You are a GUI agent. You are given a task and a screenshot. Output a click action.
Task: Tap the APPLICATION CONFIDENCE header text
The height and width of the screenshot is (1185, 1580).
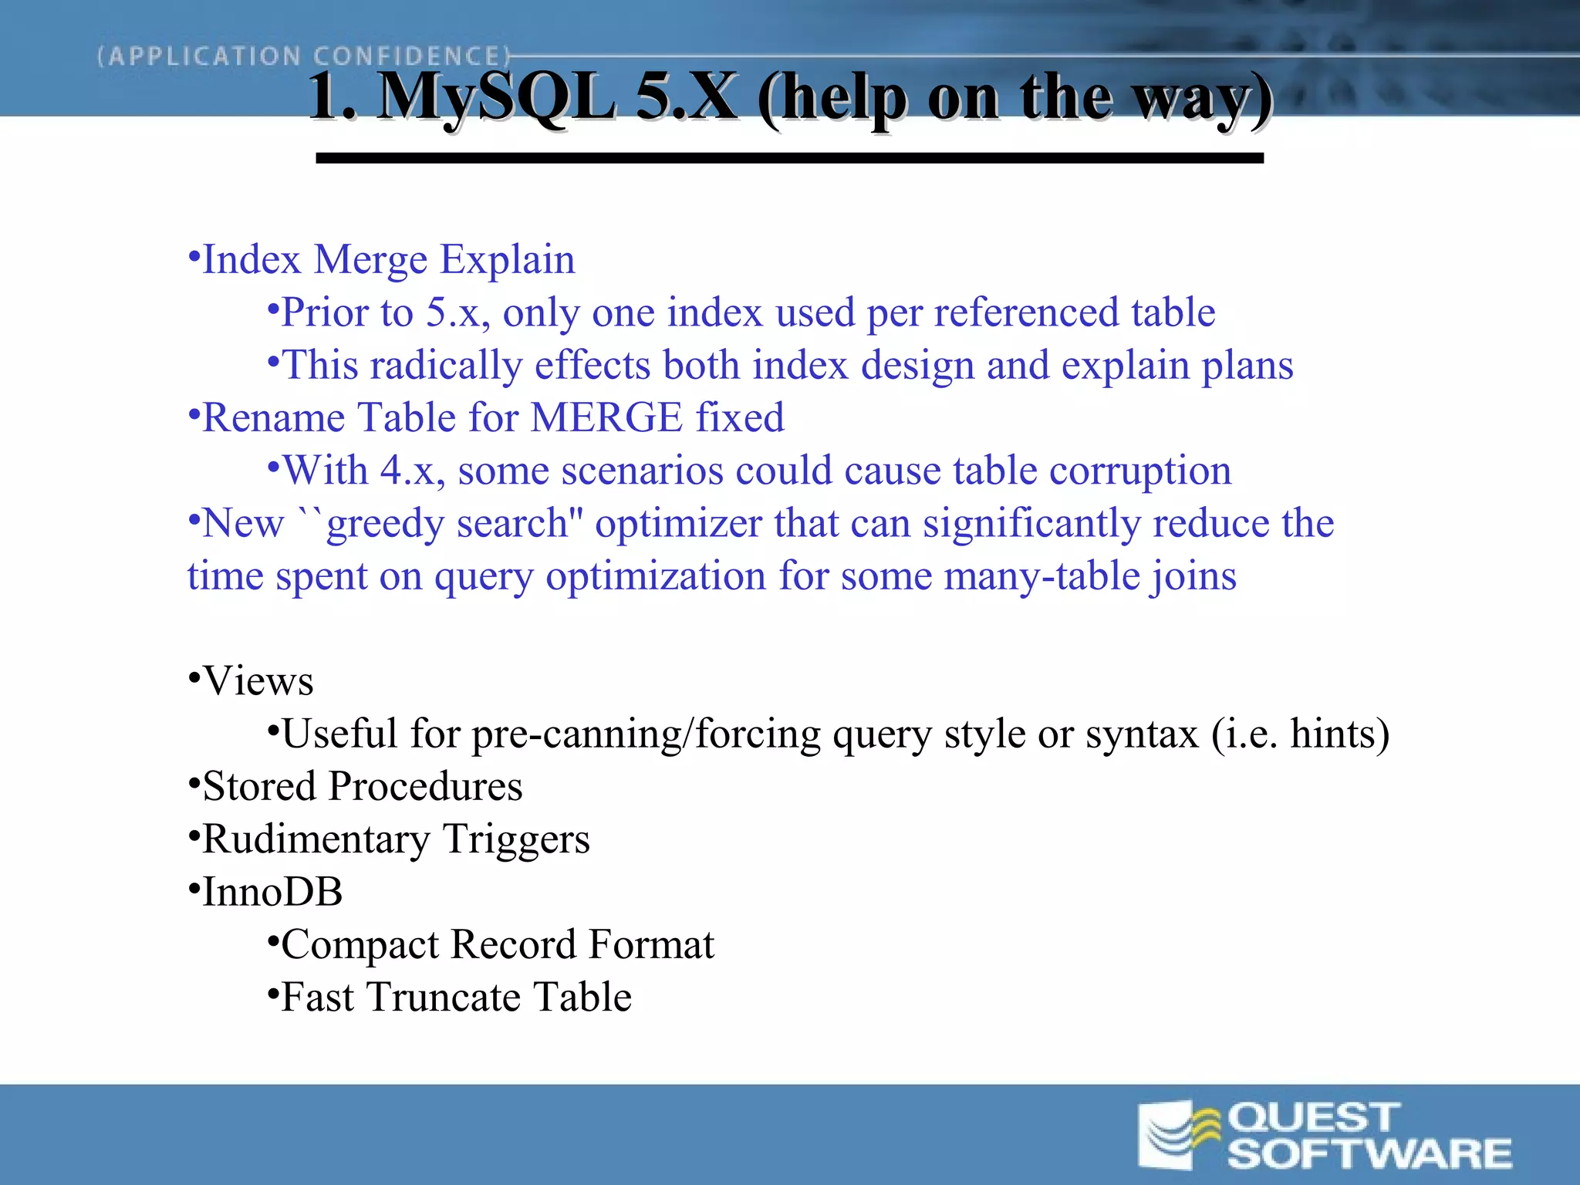point(303,56)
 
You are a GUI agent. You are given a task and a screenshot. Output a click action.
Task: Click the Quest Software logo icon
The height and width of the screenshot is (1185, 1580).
point(1179,1135)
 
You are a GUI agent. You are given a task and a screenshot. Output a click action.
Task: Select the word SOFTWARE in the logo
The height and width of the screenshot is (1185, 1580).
point(1369,1154)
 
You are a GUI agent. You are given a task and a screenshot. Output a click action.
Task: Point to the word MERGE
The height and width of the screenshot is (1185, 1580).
point(606,418)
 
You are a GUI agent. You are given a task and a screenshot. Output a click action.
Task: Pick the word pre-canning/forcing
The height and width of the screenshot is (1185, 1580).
point(646,734)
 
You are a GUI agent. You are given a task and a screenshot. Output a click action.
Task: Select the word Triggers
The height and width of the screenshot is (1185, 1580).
point(516,839)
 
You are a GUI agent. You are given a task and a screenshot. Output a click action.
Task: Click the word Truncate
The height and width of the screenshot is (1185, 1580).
point(444,998)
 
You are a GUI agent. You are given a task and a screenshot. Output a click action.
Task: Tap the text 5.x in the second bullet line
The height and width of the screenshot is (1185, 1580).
point(457,313)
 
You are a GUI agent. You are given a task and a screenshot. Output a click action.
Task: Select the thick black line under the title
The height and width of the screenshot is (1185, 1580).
point(789,158)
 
